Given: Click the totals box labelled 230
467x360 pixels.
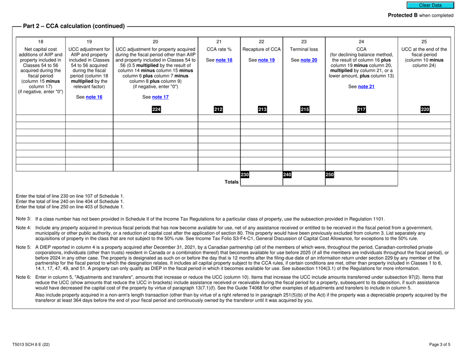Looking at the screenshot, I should pyautogui.click(x=261, y=180).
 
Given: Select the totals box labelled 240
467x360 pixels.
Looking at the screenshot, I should pyautogui.click(x=303, y=180).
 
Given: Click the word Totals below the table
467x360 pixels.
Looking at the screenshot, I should pyautogui.click(x=229, y=182).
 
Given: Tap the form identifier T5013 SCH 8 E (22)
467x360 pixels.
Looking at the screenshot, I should pyautogui.click(x=33, y=345).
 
